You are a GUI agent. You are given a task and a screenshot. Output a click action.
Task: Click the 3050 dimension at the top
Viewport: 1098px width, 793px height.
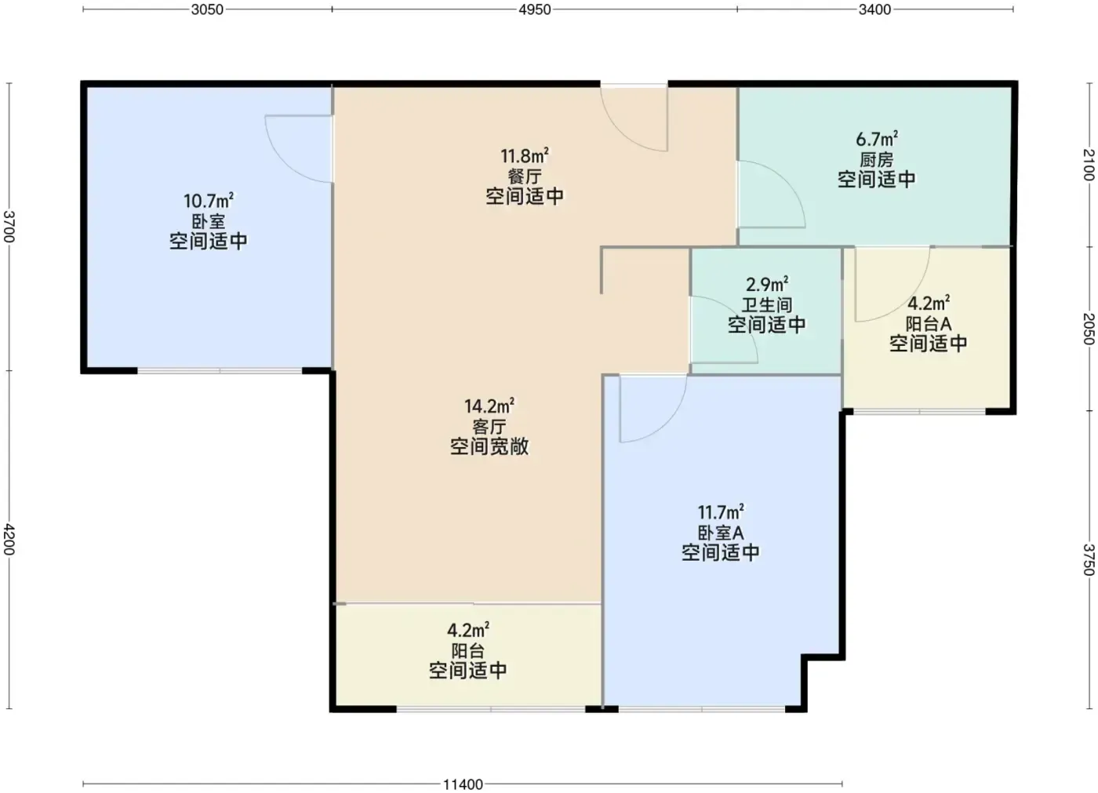207,9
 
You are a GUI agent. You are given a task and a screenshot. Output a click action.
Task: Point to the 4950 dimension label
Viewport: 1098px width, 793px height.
535,9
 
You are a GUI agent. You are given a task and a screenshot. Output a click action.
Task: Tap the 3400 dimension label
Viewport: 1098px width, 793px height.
874,9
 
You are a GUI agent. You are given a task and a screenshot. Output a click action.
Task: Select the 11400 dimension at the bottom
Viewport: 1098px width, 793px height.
463,784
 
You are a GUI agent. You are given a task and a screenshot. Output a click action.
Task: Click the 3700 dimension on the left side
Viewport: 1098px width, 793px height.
9,227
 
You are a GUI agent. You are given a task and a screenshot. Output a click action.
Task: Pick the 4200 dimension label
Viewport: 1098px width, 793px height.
9,539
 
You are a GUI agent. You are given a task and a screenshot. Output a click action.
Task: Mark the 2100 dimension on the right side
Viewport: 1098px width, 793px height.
1089,165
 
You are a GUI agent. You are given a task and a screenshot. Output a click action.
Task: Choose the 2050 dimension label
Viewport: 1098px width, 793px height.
1089,329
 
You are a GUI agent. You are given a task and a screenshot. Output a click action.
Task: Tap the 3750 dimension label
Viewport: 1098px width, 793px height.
1089,559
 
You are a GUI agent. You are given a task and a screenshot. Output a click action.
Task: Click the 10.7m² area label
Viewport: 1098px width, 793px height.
209,201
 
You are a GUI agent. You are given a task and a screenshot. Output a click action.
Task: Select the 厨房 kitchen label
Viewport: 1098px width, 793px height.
877,160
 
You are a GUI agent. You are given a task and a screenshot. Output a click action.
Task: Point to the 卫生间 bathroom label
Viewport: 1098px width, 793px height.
767,305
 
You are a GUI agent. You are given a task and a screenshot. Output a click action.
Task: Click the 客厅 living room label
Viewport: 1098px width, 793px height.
489,427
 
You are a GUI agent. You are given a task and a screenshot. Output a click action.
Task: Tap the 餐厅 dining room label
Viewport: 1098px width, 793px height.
525,176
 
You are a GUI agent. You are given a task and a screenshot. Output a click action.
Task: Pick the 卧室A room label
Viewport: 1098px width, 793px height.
721,533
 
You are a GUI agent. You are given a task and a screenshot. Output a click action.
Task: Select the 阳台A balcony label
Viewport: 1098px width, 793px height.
929,323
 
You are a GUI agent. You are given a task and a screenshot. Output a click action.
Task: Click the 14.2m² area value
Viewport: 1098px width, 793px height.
489,406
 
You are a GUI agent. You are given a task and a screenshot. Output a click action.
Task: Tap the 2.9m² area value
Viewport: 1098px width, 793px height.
767,284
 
